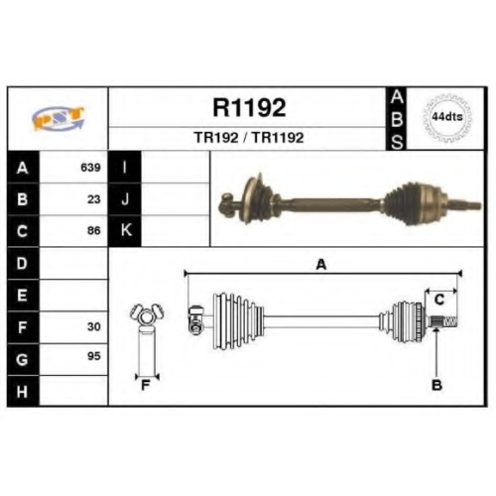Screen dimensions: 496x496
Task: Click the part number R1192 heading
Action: (249, 107)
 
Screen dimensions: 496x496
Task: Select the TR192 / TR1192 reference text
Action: (249, 138)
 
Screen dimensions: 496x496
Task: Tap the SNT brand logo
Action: (59, 118)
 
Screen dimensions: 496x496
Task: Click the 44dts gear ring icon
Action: (447, 117)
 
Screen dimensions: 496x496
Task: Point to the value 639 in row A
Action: (90, 168)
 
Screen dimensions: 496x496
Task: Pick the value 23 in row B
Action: (94, 199)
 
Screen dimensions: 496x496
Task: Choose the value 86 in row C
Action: (94, 230)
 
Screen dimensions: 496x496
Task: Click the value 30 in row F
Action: (94, 326)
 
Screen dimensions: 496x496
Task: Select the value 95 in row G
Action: (94, 356)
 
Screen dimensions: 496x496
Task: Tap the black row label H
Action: (23, 391)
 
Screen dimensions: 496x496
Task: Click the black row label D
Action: (23, 263)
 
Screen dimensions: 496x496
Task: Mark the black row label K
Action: (125, 231)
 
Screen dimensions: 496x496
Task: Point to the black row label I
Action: (125, 167)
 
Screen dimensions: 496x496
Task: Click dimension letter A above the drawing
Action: (321, 265)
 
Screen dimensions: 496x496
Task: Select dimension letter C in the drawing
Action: (439, 300)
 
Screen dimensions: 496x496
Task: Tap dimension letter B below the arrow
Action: (436, 385)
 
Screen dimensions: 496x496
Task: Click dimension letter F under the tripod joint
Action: (146, 385)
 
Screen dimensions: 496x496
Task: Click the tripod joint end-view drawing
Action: (147, 340)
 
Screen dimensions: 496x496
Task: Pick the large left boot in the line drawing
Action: (238, 320)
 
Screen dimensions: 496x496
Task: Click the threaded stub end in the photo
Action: (465, 205)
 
